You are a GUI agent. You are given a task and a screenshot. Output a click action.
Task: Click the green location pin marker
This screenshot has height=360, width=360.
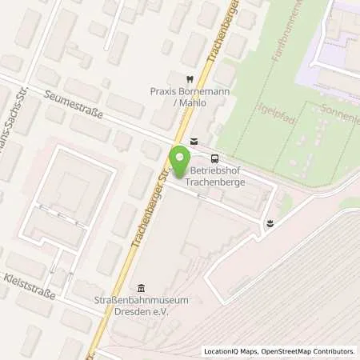pyautogui.click(x=177, y=160)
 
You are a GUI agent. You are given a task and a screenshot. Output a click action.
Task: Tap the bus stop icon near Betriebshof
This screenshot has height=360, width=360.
pyautogui.click(x=214, y=158)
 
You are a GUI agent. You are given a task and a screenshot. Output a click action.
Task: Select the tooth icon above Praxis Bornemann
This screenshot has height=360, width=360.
pyautogui.click(x=189, y=79)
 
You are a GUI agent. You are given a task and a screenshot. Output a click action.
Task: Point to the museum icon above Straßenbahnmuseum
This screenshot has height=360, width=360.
pyautogui.click(x=142, y=289)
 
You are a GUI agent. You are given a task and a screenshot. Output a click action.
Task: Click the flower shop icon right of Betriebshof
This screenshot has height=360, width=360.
pyautogui.click(x=270, y=222)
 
